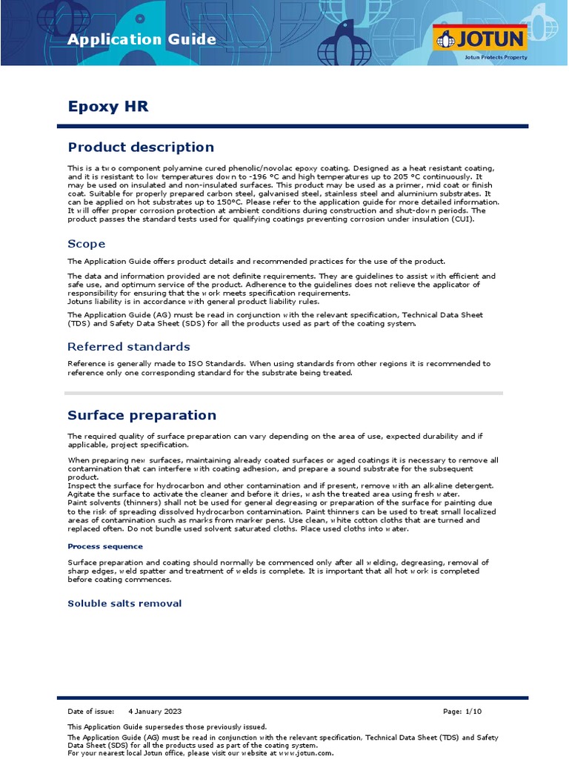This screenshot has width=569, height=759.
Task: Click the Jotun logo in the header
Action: (480, 39)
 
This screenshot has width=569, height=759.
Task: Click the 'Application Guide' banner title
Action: (142, 40)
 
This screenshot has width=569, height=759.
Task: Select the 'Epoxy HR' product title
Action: (107, 107)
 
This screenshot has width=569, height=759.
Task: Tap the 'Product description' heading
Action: (141, 148)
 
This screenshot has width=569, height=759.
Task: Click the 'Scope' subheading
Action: (86, 244)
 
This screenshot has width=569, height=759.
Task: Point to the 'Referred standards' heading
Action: (128, 347)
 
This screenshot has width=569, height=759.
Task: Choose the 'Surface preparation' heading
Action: (142, 415)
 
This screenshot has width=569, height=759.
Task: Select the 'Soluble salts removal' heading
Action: (124, 603)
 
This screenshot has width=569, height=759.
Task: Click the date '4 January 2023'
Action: (154, 712)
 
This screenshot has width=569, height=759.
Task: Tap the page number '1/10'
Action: (473, 712)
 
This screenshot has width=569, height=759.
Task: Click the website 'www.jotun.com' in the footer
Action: (306, 753)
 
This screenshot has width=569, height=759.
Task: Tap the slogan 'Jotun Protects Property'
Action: (496, 56)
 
